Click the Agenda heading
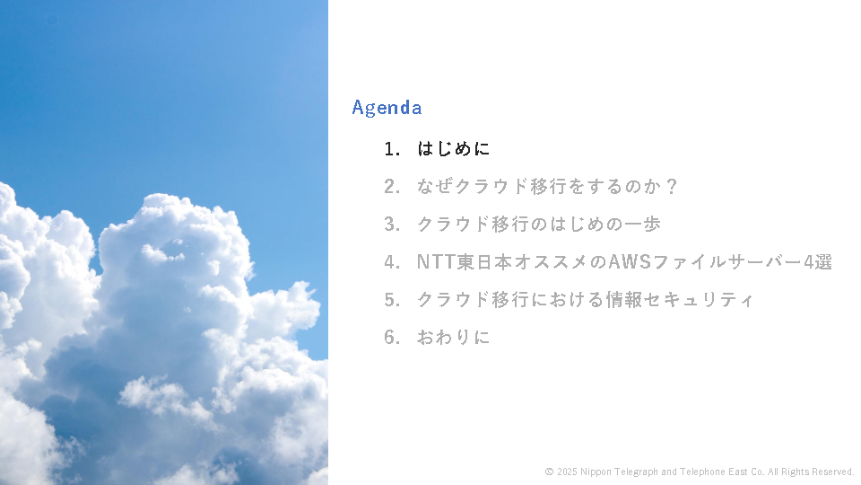387,108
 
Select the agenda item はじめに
453,148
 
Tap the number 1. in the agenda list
392,149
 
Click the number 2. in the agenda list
392,187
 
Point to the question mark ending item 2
671,187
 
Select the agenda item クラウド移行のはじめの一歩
539,225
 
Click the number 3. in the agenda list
392,225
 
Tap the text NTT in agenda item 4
437,261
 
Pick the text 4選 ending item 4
818,261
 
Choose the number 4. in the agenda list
392,262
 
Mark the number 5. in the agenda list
392,300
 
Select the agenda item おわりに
453,337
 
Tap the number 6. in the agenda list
392,338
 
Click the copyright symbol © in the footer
549,472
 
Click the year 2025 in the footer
567,472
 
